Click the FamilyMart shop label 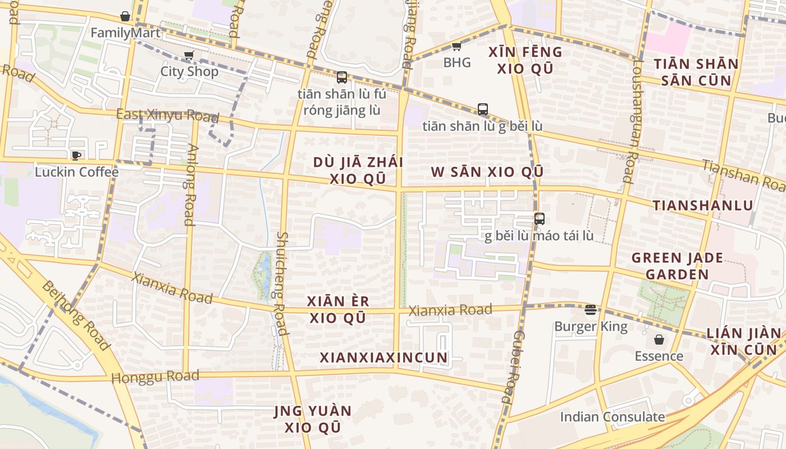125,33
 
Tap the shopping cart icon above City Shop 189,55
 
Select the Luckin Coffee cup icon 76,155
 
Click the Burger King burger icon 590,309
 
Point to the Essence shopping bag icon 659,340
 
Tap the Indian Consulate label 612,417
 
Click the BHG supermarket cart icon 456,46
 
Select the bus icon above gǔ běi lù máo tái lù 539,219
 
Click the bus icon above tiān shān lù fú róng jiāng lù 341,77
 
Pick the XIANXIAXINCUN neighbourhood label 384,358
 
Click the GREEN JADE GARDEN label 677,266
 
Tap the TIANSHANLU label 702,205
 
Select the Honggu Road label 156,376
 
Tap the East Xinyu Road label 167,116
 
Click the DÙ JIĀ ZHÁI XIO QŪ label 358,170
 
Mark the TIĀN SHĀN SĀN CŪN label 696,72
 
